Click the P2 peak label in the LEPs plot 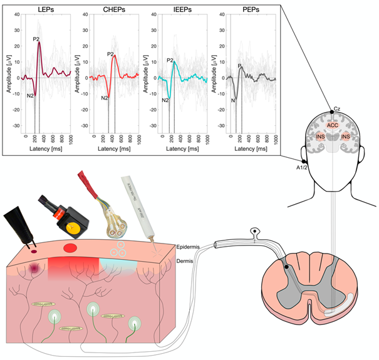36,39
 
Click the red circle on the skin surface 70,248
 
